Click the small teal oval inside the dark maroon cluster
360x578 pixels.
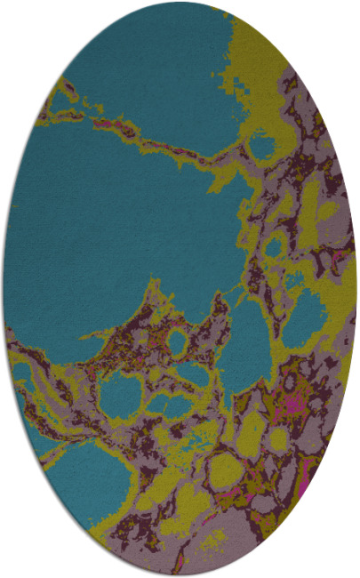(x=178, y=341)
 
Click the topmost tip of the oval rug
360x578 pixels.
(x=180, y=3)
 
